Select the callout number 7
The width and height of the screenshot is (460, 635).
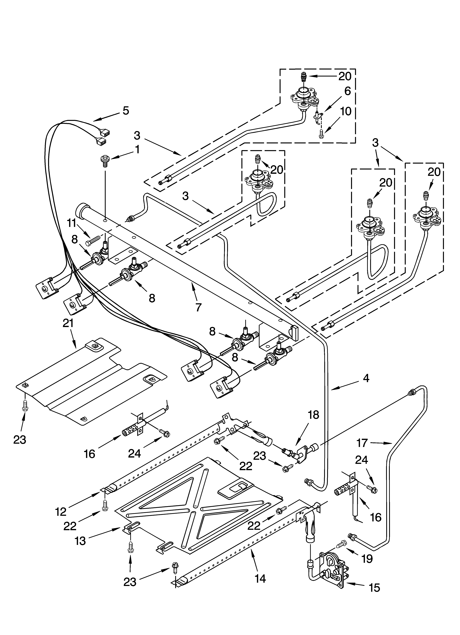198,307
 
